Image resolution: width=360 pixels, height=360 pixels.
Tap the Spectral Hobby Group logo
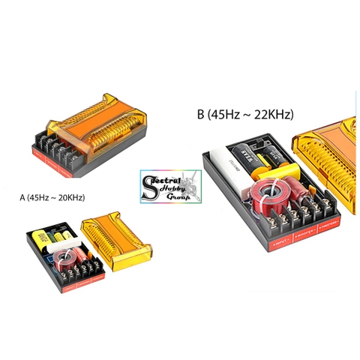[x=171, y=186]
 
